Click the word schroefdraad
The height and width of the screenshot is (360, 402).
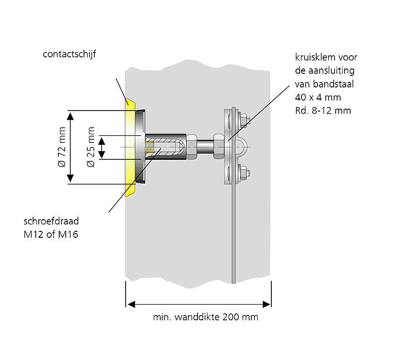51,221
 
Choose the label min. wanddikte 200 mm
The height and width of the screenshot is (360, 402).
206,317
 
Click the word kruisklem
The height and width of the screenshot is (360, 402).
312,57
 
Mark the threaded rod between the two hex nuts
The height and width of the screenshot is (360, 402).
205,147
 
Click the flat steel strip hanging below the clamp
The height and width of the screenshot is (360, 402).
233,236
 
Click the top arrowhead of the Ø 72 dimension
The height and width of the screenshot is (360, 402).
71,115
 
